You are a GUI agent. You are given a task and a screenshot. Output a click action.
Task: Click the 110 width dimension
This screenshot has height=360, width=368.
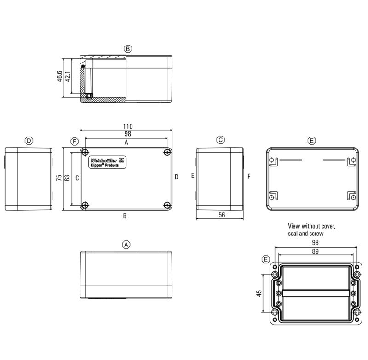pyautogui.click(x=128, y=126)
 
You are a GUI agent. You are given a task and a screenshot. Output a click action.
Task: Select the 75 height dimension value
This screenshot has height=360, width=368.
pyautogui.click(x=59, y=178)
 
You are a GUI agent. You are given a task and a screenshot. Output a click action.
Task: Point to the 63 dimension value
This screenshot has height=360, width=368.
pyautogui.click(x=67, y=178)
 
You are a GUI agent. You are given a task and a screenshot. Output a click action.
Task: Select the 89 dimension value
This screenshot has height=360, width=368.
pyautogui.click(x=315, y=251)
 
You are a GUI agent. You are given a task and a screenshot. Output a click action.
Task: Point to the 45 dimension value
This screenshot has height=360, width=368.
pyautogui.click(x=259, y=293)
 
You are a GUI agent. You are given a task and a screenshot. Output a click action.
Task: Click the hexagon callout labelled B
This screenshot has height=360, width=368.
pyautogui.click(x=128, y=49)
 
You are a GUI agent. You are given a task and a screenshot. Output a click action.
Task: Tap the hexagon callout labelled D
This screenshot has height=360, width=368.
pyautogui.click(x=29, y=141)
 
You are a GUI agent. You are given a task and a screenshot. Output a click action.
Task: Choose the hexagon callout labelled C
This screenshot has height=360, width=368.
pyautogui.click(x=221, y=140)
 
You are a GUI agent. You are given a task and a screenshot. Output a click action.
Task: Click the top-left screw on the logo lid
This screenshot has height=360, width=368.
pyautogui.click(x=85, y=152)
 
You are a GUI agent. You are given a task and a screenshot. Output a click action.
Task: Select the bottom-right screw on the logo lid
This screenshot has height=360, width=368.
pyautogui.click(x=167, y=205)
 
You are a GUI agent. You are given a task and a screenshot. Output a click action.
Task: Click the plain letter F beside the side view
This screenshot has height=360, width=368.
pyautogui.click(x=248, y=176)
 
